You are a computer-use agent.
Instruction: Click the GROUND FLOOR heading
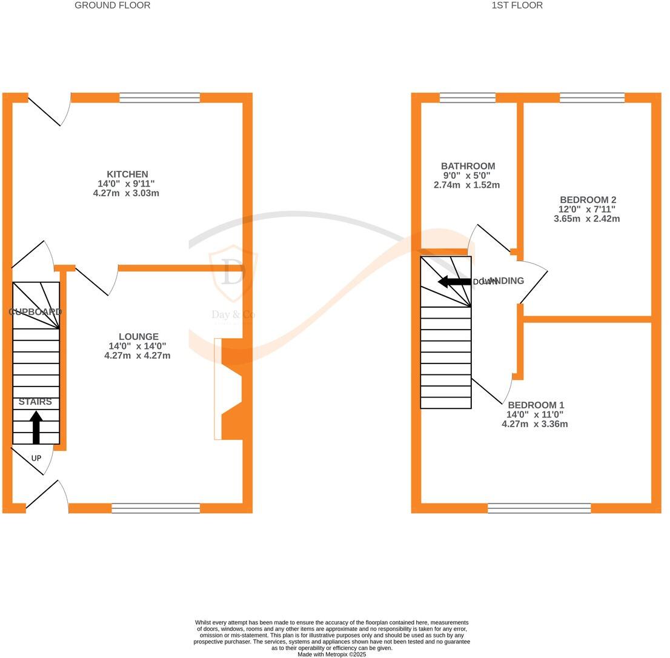click(112, 5)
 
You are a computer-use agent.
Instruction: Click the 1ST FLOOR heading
click(517, 5)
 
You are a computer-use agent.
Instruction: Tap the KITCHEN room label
click(127, 174)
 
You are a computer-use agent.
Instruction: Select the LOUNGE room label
click(139, 337)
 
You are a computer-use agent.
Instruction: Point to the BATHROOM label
click(468, 166)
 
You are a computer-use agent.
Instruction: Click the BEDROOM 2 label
click(588, 200)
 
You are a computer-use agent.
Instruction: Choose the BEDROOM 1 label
click(536, 405)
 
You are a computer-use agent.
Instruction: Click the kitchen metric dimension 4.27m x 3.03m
click(126, 193)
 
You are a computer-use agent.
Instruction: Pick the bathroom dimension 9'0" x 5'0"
click(466, 176)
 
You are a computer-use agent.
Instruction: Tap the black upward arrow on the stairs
click(36, 427)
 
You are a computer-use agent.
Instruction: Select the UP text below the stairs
click(36, 459)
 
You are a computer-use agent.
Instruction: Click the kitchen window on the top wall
click(159, 98)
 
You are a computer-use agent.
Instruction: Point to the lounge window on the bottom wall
click(156, 508)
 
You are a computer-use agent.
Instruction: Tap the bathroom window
click(467, 98)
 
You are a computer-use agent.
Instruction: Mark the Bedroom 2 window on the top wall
click(592, 98)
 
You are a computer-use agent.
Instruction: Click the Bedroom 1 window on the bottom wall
click(539, 508)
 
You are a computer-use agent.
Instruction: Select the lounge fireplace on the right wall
click(230, 388)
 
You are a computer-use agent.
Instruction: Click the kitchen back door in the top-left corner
click(48, 109)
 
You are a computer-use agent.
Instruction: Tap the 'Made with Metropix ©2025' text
click(331, 654)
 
